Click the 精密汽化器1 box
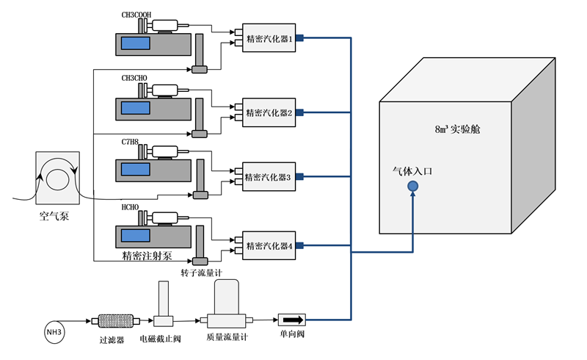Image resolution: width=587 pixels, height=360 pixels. (x=269, y=39)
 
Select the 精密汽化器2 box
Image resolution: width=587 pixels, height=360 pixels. (x=269, y=112)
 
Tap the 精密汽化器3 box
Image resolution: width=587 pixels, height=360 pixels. (x=269, y=176)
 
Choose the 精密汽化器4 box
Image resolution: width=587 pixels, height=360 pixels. (x=269, y=245)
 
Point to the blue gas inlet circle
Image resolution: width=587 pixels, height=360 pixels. (x=413, y=187)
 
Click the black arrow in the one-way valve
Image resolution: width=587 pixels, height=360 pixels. (x=291, y=320)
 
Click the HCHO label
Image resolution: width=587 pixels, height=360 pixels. (x=131, y=208)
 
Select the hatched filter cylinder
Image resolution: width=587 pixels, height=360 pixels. (x=117, y=321)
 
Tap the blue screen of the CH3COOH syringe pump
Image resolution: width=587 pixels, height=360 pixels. (x=136, y=43)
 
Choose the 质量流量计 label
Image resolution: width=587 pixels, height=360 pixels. (x=230, y=340)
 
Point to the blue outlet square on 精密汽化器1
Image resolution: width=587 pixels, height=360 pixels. (x=300, y=39)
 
